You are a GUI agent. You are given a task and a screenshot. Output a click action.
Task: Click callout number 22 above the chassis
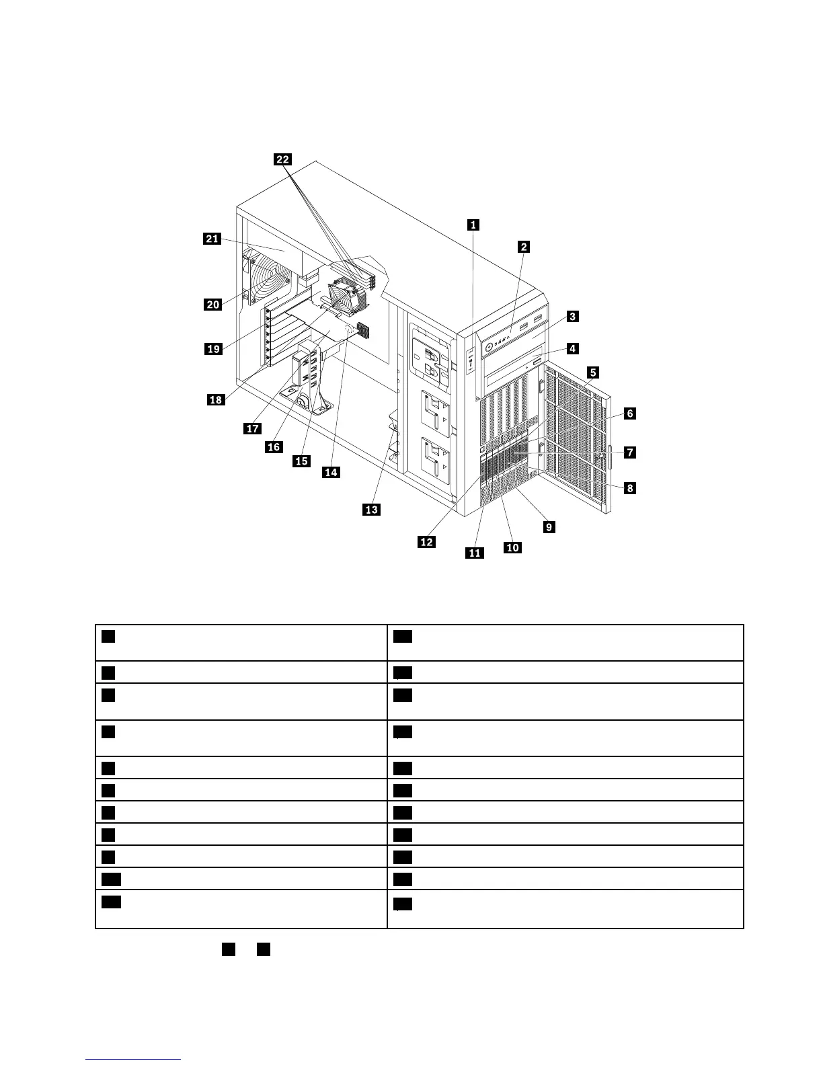pos(283,159)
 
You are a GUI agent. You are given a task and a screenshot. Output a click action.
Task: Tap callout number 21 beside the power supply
pos(212,239)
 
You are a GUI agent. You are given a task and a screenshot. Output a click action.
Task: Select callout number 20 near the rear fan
pos(213,305)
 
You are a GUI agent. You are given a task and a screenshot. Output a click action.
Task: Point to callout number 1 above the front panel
pos(473,225)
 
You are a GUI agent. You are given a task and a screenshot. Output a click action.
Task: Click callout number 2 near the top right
pos(524,247)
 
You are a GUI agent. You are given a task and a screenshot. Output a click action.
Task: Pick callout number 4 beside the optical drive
pos(572,348)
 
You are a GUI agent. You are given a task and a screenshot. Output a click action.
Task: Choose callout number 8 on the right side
pos(629,488)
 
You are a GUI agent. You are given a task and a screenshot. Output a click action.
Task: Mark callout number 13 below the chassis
pos(371,510)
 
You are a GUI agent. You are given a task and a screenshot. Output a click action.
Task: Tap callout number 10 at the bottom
pos(512,547)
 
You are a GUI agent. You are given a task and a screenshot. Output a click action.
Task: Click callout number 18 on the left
pos(215,400)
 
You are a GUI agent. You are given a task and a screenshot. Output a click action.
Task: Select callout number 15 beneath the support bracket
pos(301,461)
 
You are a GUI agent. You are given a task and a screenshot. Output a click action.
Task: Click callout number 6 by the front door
pos(629,413)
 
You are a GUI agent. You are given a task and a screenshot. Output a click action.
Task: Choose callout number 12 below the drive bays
pos(427,541)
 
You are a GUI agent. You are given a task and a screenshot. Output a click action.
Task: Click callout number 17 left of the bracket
pos(252,429)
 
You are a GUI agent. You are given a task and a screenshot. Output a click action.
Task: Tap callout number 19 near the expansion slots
pos(213,348)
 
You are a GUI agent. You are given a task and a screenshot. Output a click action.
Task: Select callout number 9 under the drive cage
pos(549,527)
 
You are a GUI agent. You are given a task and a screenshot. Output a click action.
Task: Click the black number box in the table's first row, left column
pos(108,636)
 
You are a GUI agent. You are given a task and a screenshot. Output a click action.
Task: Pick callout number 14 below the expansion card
pos(331,473)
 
